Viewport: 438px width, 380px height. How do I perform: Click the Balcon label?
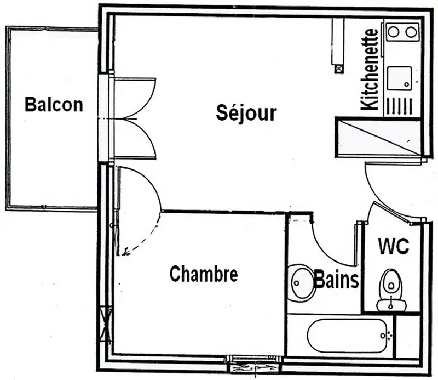[54, 104]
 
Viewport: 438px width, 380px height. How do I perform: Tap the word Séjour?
[246, 112]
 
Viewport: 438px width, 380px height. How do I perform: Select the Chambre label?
[204, 274]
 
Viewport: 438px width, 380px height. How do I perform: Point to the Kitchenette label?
[369, 69]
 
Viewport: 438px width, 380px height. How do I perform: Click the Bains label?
[336, 280]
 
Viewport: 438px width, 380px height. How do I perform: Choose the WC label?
[394, 246]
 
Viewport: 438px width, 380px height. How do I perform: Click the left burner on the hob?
[394, 32]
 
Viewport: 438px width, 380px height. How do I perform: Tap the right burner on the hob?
[411, 32]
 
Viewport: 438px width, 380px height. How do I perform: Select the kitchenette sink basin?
[400, 78]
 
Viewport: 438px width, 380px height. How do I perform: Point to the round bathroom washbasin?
[301, 282]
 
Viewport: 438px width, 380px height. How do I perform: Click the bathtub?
[347, 336]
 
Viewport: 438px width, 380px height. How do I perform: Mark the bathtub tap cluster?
[386, 335]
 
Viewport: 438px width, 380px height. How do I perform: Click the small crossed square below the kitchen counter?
[339, 69]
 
